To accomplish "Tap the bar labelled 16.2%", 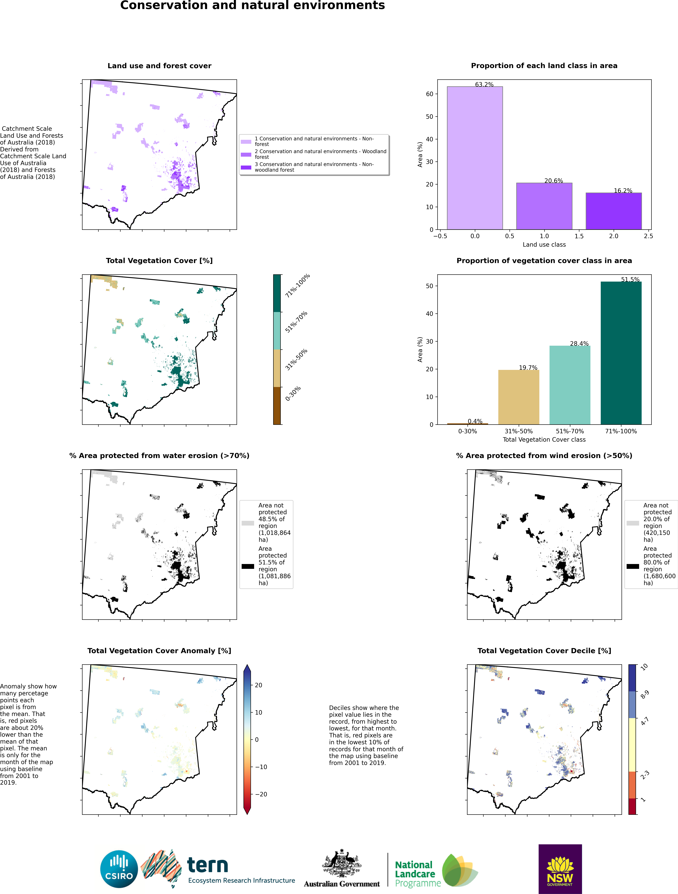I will pyautogui.click(x=613, y=211).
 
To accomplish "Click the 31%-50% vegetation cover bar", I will pyautogui.click(x=518, y=397).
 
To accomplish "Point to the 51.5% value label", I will pyautogui.click(x=630, y=279).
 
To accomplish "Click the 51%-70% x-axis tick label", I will pyautogui.click(x=570, y=431).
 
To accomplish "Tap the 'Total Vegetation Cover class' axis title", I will pyautogui.click(x=544, y=439).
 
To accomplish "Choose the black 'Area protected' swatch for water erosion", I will pyautogui.click(x=248, y=566).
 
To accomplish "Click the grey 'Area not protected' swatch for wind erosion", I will pyautogui.click(x=633, y=523).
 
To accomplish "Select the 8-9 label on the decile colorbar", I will pyautogui.click(x=644, y=694).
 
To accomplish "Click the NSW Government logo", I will pyautogui.click(x=560, y=869).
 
